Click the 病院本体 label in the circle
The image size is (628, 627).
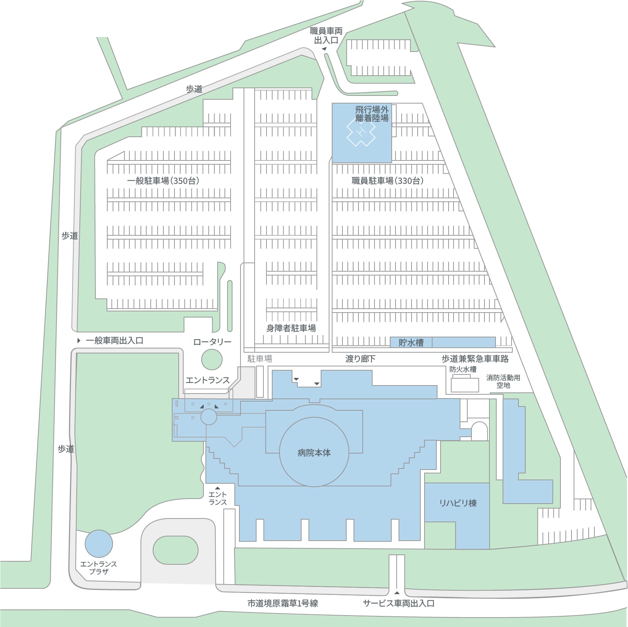(314, 453)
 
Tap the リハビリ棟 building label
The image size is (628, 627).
(458, 503)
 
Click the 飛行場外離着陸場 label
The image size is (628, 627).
(372, 114)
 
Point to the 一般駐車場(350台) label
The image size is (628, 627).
(163, 181)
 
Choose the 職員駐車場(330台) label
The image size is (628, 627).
(387, 181)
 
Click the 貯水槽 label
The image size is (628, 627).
(411, 342)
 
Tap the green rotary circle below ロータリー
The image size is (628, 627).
(211, 359)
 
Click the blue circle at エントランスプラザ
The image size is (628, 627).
(98, 543)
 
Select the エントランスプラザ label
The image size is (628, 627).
(98, 568)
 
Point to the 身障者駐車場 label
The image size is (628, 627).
(291, 328)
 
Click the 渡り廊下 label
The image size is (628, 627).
(360, 358)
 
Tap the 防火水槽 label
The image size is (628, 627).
(463, 369)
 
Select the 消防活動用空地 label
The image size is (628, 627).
(503, 381)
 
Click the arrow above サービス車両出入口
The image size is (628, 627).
(397, 593)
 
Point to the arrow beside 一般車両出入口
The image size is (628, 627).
(79, 340)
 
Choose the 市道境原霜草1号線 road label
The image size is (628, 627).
(283, 603)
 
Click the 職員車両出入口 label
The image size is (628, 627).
(326, 36)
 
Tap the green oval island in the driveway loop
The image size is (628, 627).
(176, 550)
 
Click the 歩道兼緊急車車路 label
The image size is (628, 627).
(475, 358)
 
